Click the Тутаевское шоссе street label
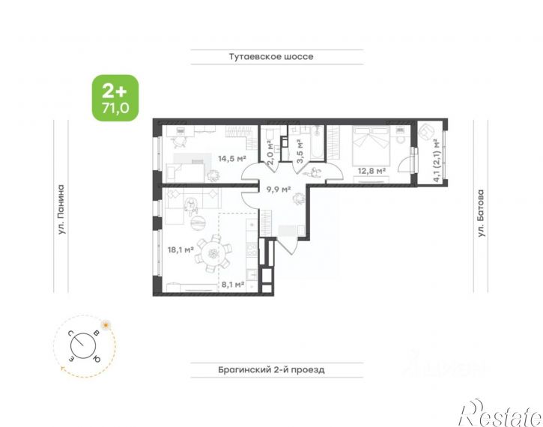point(271,56)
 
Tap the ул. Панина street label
point(61,209)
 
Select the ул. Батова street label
point(481,213)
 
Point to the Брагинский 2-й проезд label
point(271,369)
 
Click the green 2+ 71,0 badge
point(115,98)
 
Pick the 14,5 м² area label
point(231,159)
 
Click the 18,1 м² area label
point(181,249)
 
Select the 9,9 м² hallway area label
point(279,189)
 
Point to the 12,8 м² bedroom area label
point(371,171)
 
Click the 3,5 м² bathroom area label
point(300,151)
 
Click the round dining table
point(213,254)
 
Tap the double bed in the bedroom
point(371,146)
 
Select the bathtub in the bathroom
point(317,142)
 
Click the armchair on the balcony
point(426,132)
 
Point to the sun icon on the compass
point(106,325)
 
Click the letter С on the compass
point(70,333)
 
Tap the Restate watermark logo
point(500,413)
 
